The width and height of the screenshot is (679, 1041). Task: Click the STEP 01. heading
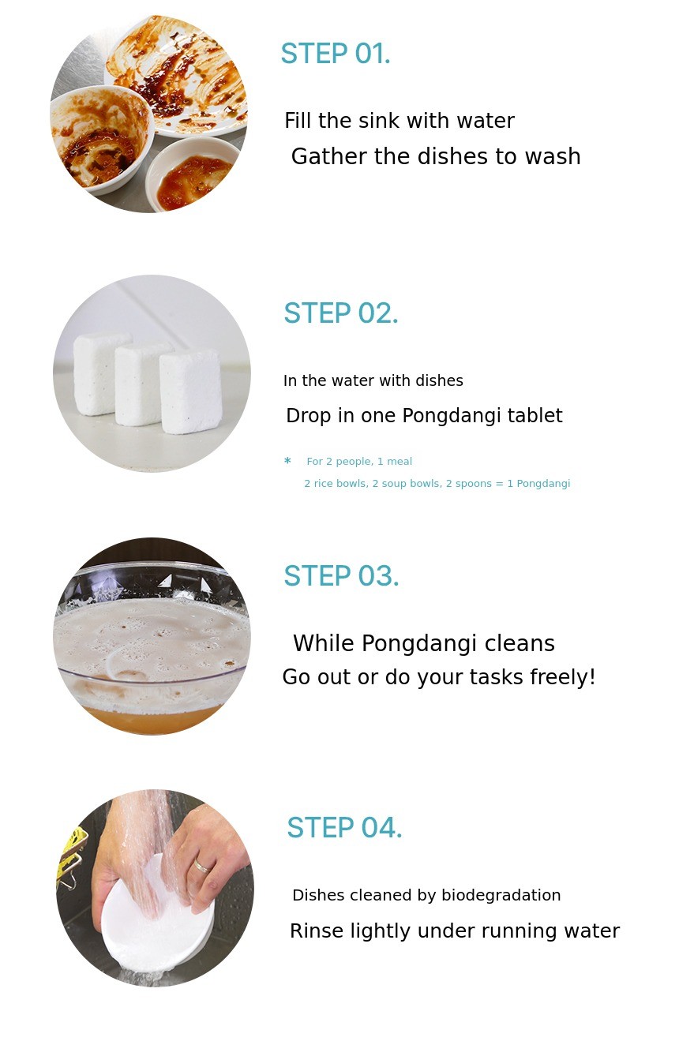click(335, 54)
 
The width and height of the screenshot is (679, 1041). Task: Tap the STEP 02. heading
click(340, 313)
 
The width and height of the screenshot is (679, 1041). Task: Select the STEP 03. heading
click(341, 576)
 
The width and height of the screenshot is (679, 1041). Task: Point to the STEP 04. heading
click(344, 828)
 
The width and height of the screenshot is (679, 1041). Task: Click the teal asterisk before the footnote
click(287, 461)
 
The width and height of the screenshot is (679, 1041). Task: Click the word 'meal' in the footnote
click(400, 462)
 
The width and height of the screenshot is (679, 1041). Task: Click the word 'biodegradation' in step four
click(501, 896)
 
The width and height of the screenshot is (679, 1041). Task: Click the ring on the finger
click(201, 866)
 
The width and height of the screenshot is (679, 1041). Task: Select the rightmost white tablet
click(190, 391)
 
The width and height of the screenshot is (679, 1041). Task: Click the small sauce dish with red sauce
click(194, 174)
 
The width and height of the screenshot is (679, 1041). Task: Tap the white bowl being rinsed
click(157, 913)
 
